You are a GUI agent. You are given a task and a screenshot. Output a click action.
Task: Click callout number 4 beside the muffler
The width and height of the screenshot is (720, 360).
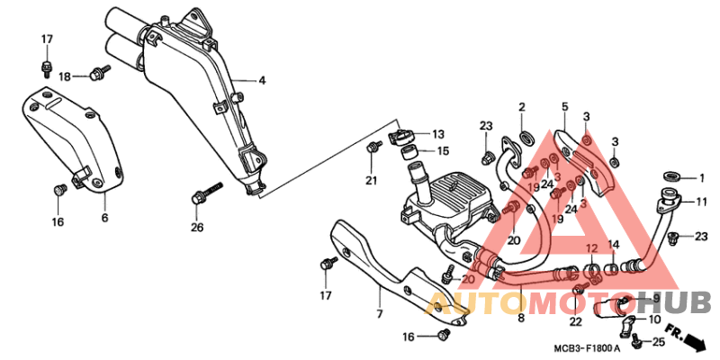[x=262, y=81]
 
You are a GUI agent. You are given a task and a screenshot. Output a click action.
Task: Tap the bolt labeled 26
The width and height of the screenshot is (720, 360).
[x=206, y=194]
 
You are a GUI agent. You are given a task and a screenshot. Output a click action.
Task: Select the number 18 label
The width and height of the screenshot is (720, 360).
[x=65, y=77]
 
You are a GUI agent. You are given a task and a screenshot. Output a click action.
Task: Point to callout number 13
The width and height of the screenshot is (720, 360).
[x=437, y=133]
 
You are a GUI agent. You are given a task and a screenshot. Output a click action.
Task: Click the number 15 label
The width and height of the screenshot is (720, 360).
[x=443, y=151]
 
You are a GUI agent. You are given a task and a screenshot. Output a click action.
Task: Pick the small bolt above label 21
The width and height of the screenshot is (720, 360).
[x=372, y=146]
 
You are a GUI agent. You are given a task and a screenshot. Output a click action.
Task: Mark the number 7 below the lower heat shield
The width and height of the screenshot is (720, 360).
[x=379, y=314]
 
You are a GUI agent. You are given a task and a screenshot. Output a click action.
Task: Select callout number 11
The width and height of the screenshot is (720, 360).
[x=702, y=202]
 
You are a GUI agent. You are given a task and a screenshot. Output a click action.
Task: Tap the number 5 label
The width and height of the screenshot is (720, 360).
[x=565, y=107]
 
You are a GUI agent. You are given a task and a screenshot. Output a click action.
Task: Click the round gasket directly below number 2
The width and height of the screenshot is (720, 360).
[x=526, y=137]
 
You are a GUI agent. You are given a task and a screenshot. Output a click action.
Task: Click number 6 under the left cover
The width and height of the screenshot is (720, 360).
[x=104, y=219]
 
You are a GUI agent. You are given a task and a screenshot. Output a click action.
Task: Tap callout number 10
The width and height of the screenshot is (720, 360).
[x=653, y=319]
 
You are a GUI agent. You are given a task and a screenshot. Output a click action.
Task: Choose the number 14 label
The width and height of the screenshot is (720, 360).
[x=613, y=245]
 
